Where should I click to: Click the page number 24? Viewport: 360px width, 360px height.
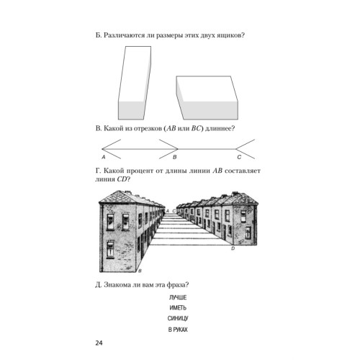(99, 343)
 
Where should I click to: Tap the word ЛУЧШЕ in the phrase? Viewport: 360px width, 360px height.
(178, 297)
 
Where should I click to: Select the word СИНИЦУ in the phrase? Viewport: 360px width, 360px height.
(178, 318)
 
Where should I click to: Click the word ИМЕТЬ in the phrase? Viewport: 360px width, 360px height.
(178, 308)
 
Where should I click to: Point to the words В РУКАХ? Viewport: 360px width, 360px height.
(178, 330)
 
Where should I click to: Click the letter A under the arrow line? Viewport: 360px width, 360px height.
(104, 158)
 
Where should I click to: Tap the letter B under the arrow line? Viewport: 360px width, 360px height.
(175, 157)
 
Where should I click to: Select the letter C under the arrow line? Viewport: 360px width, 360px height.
(239, 157)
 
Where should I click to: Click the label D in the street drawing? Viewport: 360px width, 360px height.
(233, 248)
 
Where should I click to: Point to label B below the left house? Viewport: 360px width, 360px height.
(140, 271)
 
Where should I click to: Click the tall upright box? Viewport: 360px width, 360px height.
(135, 83)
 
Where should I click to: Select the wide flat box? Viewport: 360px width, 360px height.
(207, 98)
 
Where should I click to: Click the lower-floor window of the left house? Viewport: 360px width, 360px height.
(110, 249)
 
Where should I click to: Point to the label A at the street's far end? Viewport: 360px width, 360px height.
(168, 211)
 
